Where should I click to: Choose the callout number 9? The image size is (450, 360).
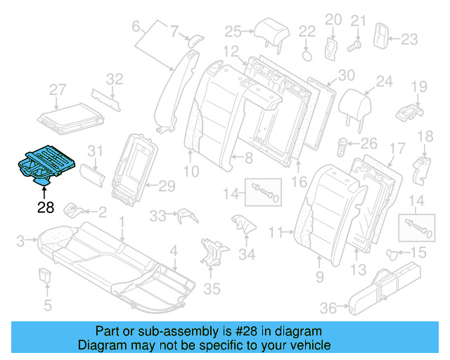pyautogui.click(x=320, y=277)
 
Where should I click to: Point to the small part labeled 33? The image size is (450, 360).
pyautogui.click(x=184, y=215)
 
